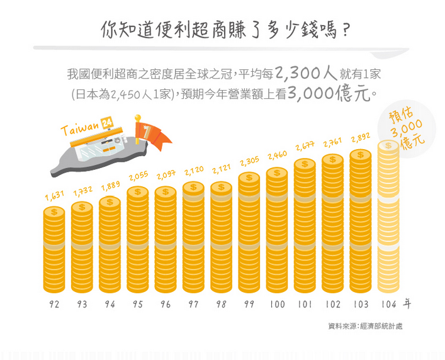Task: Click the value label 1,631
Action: pos(55,196)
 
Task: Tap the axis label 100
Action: pos(276,305)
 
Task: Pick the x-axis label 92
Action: pos(55,305)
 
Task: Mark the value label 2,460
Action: pos(277,155)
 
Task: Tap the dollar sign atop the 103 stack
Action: pos(360,155)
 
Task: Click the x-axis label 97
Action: pos(193,305)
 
